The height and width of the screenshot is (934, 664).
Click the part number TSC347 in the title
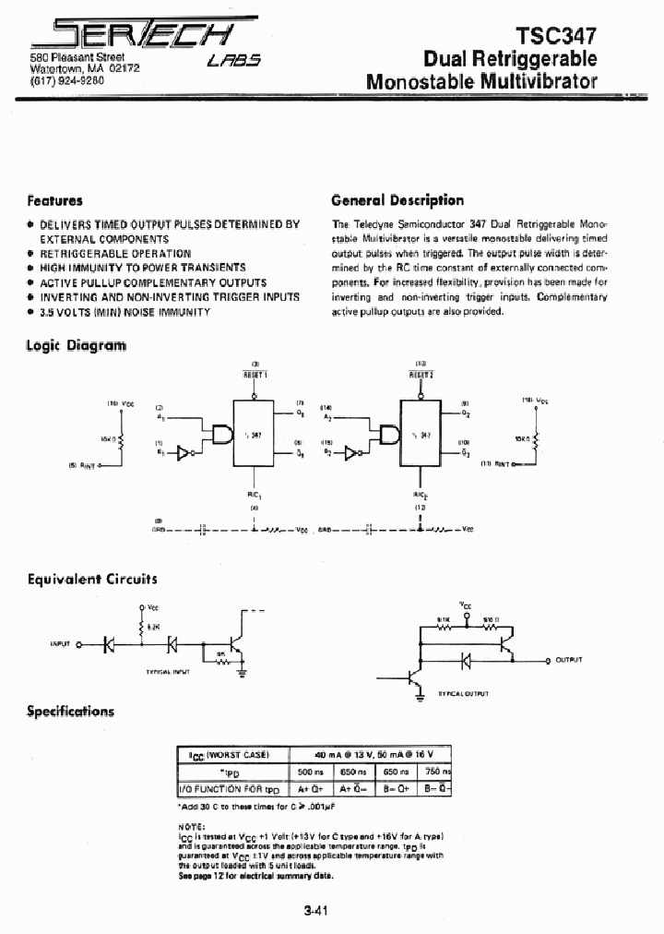pos(555,35)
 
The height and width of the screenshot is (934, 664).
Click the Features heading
pos(54,200)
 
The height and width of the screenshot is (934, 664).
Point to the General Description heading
pos(397,200)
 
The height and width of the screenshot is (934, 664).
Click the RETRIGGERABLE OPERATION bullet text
pos(115,253)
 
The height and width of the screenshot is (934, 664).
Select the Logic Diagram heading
pos(77,345)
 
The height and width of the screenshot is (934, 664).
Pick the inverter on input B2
pos(350,453)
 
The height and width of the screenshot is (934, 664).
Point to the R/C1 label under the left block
pos(255,496)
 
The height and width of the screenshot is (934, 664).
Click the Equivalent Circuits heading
pos(92,580)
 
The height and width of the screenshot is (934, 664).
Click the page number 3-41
pos(316,911)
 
